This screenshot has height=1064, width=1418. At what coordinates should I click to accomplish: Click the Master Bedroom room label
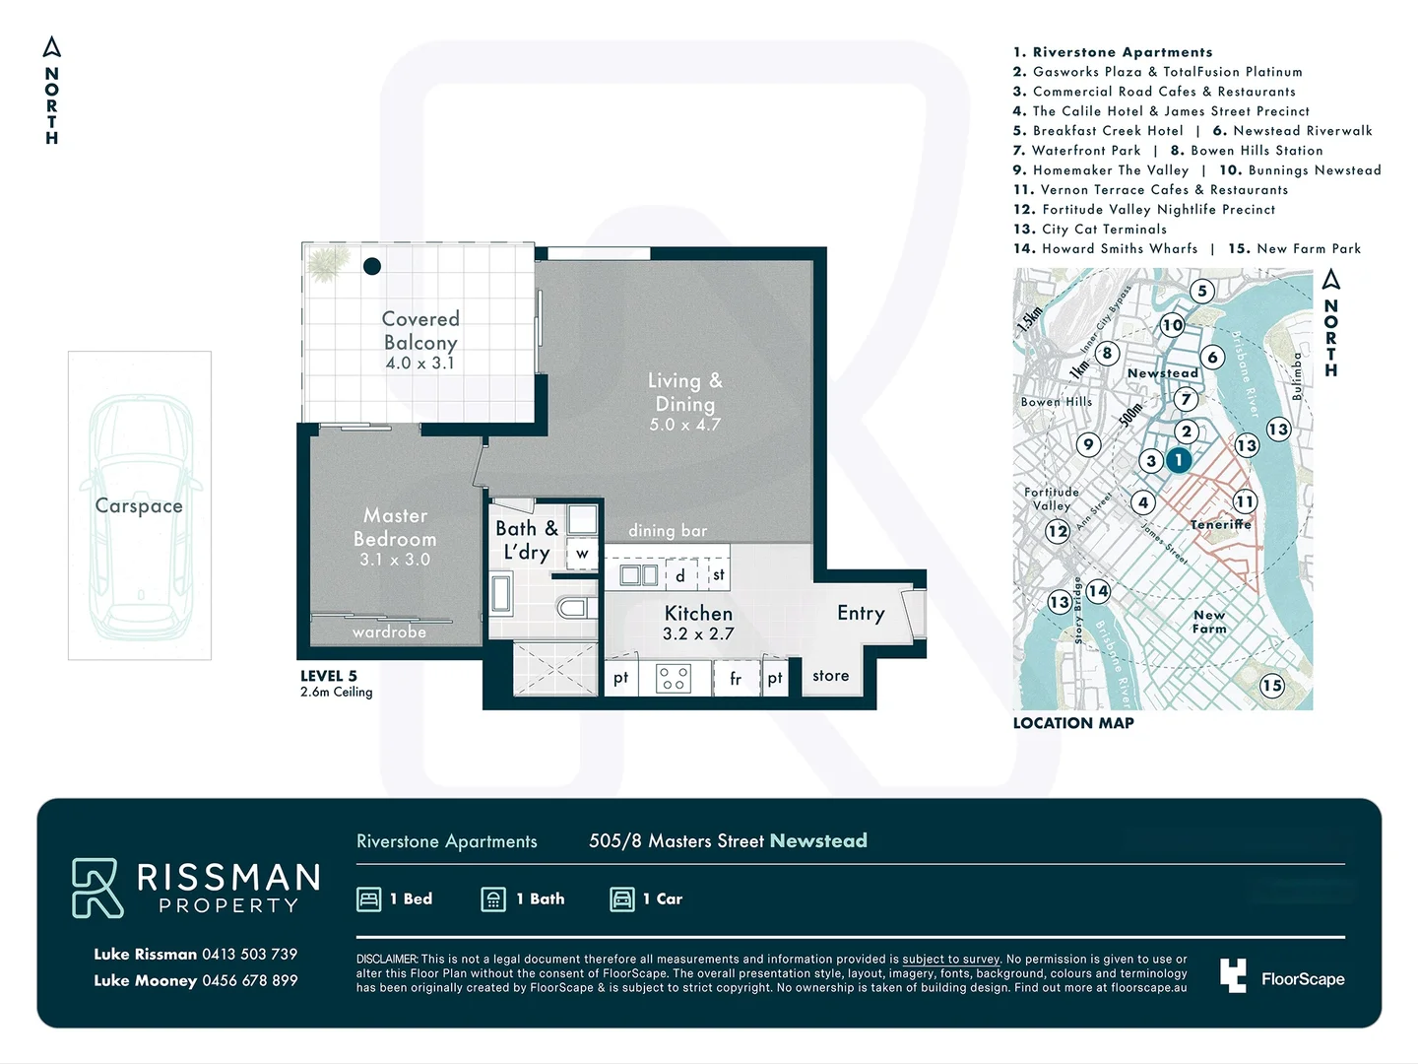pyautogui.click(x=395, y=527)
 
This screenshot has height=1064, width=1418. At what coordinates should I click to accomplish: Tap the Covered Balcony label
pyautogui.click(x=420, y=330)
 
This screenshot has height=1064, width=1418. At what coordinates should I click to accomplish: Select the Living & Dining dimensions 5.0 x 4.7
pyautogui.click(x=685, y=425)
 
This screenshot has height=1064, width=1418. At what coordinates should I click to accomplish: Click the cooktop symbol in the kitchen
pyautogui.click(x=674, y=678)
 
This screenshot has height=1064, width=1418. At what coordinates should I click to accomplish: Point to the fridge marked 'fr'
pyautogui.click(x=736, y=678)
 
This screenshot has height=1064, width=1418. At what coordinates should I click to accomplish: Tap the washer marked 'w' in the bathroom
pyautogui.click(x=582, y=553)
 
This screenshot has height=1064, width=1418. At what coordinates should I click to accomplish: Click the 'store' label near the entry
pyautogui.click(x=830, y=676)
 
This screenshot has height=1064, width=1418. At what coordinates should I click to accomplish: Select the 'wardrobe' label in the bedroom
pyautogui.click(x=389, y=632)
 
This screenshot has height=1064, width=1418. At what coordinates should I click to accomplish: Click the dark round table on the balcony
pyautogui.click(x=372, y=266)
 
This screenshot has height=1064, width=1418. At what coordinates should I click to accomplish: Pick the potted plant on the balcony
pyautogui.click(x=327, y=263)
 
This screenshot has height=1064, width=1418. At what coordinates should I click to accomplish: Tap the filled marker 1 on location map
pyautogui.click(x=1179, y=460)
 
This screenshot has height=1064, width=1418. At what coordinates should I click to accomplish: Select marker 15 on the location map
pyautogui.click(x=1272, y=685)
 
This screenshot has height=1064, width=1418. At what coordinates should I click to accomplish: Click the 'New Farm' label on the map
pyautogui.click(x=1209, y=622)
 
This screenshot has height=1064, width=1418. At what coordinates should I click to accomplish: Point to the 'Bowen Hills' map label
pyautogui.click(x=1056, y=402)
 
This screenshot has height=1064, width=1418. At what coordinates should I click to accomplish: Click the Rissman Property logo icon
pyautogui.click(x=97, y=888)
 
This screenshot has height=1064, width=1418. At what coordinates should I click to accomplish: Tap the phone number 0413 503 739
pyautogui.click(x=249, y=954)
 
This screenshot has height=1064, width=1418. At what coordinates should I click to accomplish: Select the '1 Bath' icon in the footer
pyautogui.click(x=493, y=898)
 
